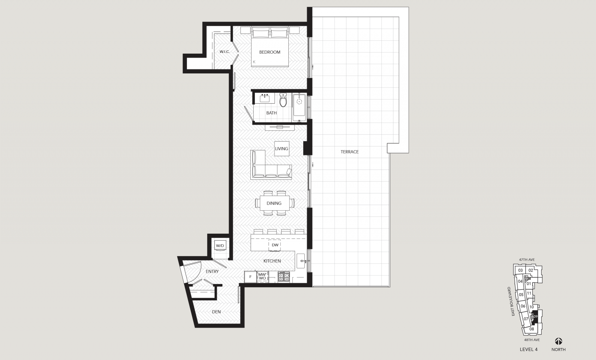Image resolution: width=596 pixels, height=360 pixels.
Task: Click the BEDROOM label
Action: pos(270,52)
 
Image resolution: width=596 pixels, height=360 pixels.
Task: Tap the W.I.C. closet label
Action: pos(225,52)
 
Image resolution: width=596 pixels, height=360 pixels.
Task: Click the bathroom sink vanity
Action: pos(264,98)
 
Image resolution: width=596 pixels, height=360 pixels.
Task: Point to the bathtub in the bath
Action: pos(299,107)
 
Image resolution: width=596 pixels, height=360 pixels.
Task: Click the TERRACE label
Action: pos(349,152)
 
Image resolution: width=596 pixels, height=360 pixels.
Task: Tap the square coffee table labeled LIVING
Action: pos(282,149)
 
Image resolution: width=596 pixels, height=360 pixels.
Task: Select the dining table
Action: pos(275,203)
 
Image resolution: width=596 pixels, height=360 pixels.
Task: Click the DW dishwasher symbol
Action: pos(275,245)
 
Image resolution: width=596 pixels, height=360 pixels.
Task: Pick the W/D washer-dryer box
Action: pos(220,246)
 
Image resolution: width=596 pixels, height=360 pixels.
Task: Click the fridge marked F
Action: pos(250,277)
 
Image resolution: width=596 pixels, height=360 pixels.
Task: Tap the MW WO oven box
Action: pos(262,277)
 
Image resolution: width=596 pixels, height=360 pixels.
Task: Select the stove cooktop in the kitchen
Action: pos(283,277)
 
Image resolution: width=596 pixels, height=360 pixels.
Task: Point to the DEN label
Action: pos(216,312)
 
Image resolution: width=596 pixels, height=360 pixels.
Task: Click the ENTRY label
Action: pos(212,272)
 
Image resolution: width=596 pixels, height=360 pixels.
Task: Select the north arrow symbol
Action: pos(558,341)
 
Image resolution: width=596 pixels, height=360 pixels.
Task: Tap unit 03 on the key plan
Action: pos(520,270)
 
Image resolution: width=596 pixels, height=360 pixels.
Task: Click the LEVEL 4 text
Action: pos(529,349)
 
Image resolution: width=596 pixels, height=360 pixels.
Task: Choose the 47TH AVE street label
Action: pos(527,260)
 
